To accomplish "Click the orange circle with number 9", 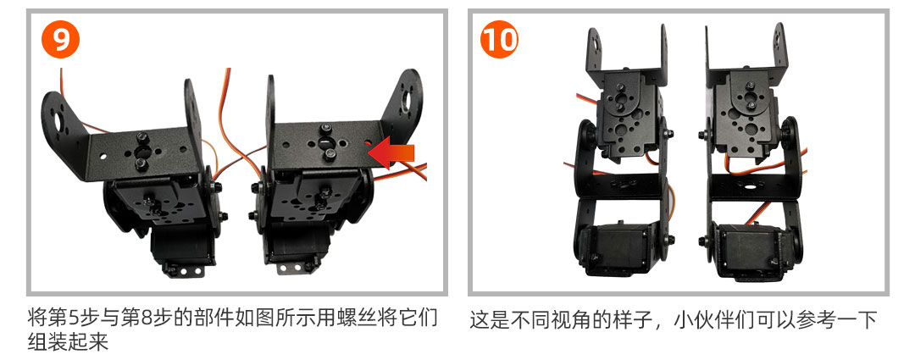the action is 60,39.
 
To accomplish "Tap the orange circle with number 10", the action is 499,39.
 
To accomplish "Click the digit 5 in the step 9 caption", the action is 74,319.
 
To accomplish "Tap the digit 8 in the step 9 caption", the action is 147,319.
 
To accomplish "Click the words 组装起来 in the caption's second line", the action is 68,341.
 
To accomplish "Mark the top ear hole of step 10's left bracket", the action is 594,42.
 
